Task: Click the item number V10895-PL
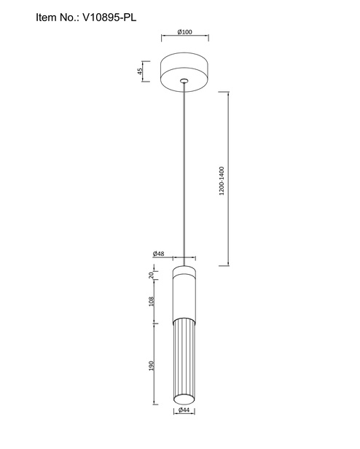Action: [109, 17]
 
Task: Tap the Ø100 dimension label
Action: [184, 32]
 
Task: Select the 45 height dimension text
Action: [139, 71]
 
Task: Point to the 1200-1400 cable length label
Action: [222, 181]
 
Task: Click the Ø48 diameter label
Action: [158, 254]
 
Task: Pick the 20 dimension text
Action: [152, 276]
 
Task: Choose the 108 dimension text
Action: [152, 301]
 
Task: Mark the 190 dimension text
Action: [152, 366]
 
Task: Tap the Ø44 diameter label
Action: [184, 410]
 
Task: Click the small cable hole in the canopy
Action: [184, 81]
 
